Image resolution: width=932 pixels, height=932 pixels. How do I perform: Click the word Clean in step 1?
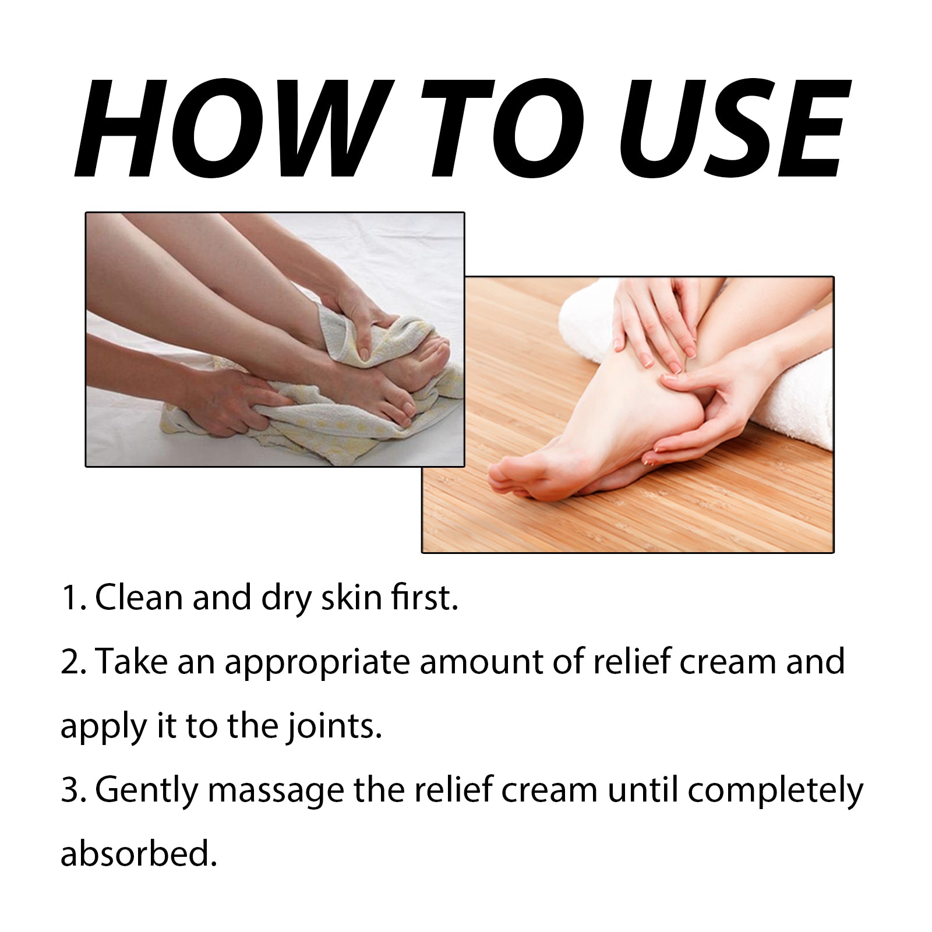[139, 598]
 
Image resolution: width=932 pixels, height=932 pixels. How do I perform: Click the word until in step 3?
[642, 791]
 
